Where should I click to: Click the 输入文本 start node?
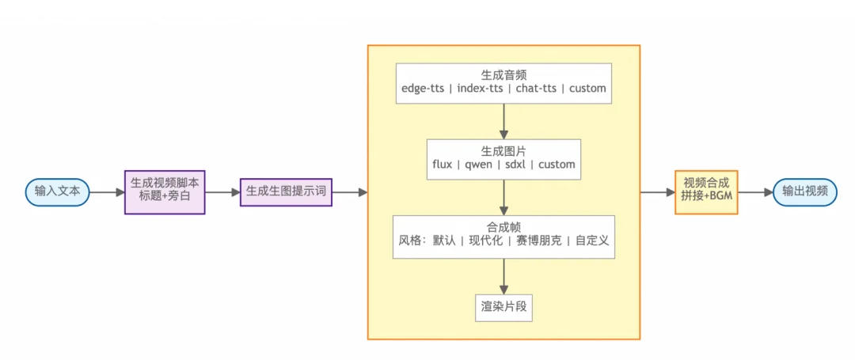tap(57, 191)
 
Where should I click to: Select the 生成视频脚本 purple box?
tap(165, 191)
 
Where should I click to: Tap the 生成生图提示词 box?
tap(286, 191)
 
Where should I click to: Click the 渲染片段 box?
tap(503, 305)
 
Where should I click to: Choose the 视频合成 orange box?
tap(706, 191)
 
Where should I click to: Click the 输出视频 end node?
tap(804, 191)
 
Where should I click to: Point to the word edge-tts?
tap(423, 89)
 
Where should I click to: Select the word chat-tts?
tap(536, 89)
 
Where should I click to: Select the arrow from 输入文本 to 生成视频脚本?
tap(108, 191)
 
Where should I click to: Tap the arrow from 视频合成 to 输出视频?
tap(755, 191)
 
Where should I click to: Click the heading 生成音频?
tap(503, 73)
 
